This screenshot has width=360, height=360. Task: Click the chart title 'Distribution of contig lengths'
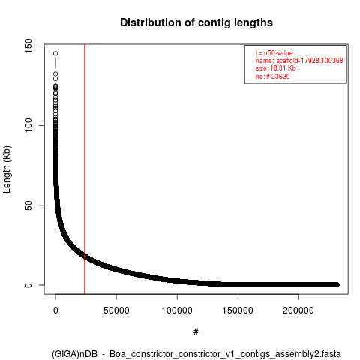[196, 22]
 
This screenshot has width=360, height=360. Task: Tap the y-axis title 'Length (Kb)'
[7, 169]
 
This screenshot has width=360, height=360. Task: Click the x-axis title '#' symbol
[196, 332]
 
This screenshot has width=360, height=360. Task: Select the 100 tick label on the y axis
[28, 126]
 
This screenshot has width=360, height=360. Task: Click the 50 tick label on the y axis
[28, 205]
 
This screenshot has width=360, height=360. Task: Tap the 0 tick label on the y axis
[28, 285]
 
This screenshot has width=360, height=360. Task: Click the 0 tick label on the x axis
[55, 310]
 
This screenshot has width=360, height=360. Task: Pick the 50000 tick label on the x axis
[116, 310]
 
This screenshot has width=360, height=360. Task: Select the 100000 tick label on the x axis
[177, 310]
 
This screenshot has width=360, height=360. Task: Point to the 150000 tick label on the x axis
[238, 310]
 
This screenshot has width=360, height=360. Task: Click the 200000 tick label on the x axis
[298, 310]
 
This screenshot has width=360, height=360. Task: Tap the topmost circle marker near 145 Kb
[55, 53]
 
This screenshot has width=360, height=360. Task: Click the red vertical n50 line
[84, 169]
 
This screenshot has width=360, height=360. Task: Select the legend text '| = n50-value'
[274, 53]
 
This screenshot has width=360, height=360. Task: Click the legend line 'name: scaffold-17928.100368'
[299, 61]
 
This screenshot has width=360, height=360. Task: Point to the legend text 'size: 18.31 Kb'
[276, 68]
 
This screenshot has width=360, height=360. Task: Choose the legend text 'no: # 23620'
[273, 76]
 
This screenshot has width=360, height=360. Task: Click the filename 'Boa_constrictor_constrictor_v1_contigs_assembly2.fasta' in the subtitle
[225, 354]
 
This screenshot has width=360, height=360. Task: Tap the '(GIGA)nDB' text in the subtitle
[74, 354]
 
